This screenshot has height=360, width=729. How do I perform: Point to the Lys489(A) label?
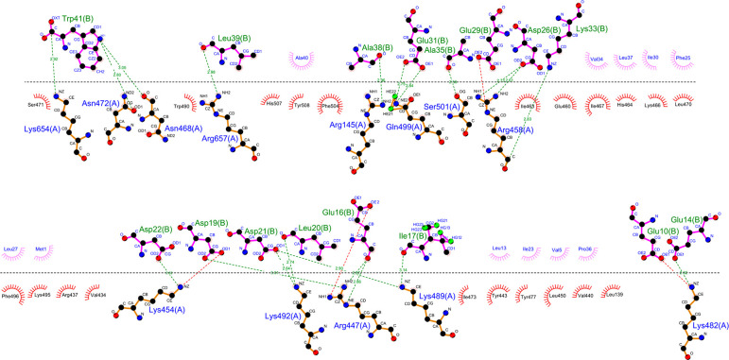pos(437,295)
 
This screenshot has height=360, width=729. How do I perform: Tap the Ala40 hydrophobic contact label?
pos(304,58)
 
